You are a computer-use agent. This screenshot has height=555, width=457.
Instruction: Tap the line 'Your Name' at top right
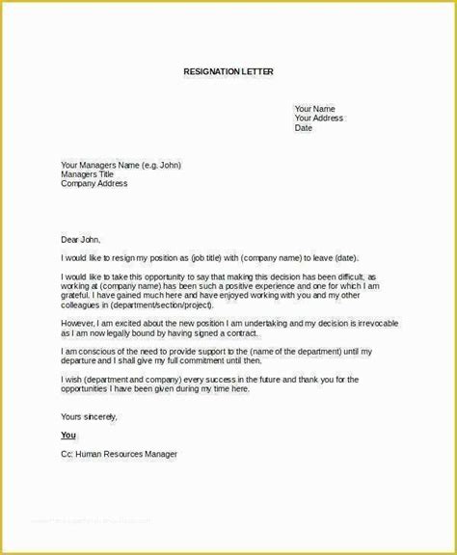pos(314,109)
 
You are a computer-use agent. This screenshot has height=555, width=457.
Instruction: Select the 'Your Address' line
pos(319,119)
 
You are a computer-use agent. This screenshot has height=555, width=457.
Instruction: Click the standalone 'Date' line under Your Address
pos(304,128)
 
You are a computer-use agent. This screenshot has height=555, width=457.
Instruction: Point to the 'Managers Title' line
pos(88,174)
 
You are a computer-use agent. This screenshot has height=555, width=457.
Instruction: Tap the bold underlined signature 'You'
pos(67,436)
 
